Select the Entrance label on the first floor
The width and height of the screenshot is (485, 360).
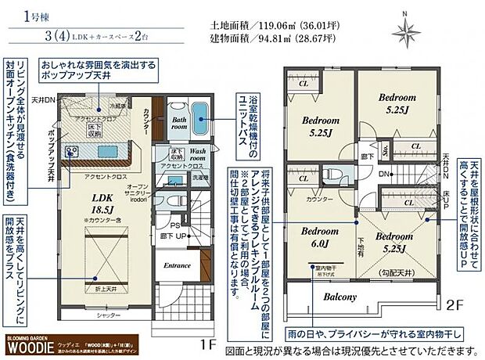[x=177, y=265]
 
